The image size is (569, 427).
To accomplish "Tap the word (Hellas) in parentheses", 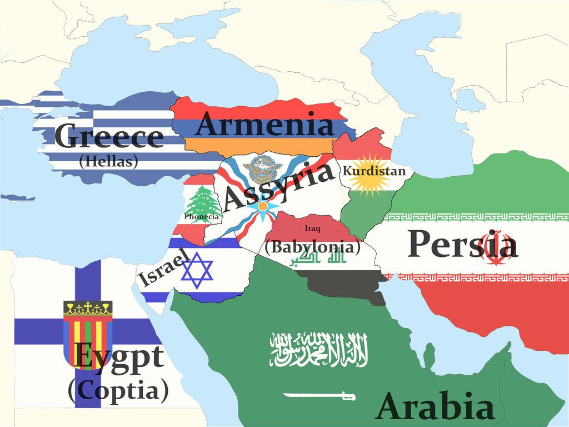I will point(108,162).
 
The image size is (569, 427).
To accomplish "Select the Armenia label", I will point(264,124).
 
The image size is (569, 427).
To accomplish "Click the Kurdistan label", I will point(374,171).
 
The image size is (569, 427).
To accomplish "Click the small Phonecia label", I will point(202,216).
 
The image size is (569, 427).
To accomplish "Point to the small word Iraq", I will point(312,228).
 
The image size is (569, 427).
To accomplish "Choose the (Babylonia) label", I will point(312,246).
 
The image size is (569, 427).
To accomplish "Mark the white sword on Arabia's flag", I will point(319,396).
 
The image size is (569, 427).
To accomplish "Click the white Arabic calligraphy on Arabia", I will point(319,350).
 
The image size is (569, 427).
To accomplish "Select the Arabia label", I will point(435,406).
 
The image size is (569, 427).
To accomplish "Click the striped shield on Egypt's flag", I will point(88,334).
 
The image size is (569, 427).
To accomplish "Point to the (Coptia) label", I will point(118,391).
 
